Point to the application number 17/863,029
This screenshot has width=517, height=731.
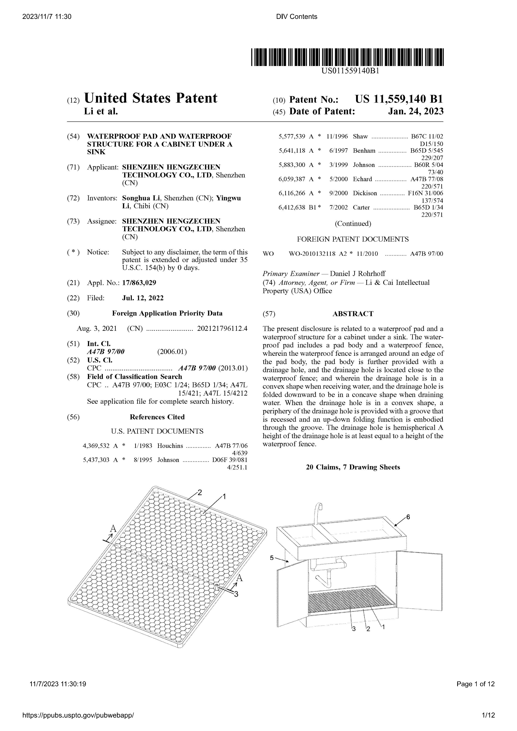(139, 283)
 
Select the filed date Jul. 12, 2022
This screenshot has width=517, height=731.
(143, 298)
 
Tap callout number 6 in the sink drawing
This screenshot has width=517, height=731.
(408, 517)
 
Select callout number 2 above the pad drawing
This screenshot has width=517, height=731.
(200, 493)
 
